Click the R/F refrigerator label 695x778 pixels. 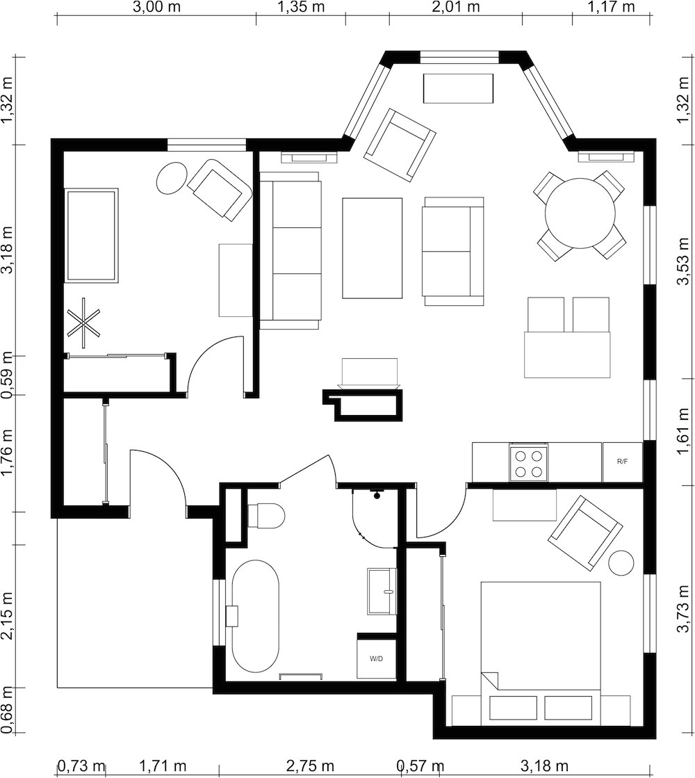(x=622, y=462)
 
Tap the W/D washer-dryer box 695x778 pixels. (x=376, y=658)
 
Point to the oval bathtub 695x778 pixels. (x=255, y=616)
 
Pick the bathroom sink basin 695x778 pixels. (x=382, y=591)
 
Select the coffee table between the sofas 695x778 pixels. (x=372, y=248)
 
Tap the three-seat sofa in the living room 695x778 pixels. (x=291, y=250)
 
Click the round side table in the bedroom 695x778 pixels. (x=621, y=562)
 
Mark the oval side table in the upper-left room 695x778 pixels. (x=171, y=178)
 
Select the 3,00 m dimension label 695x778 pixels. (x=156, y=8)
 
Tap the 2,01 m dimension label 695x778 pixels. (x=456, y=8)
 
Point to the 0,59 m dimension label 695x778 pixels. (x=8, y=375)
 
